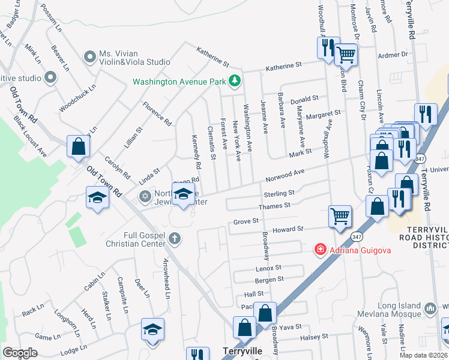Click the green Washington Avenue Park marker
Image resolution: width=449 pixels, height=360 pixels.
pos(236,81)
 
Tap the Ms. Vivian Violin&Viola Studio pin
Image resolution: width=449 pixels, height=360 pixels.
pos(91,57)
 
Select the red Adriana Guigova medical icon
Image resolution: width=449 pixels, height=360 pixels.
pos(320,249)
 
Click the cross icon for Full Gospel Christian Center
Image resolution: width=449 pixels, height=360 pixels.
pos(175,239)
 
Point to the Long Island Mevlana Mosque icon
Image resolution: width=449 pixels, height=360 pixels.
pos(430,309)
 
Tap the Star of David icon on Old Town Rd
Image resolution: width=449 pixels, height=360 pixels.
pos(145,197)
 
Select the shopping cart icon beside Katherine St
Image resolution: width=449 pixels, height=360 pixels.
pos(346,54)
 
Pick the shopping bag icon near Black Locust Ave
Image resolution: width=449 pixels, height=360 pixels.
pos(78,146)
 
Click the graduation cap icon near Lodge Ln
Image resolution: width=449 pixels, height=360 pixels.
pos(152,329)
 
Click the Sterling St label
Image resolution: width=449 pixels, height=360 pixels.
pos(279,194)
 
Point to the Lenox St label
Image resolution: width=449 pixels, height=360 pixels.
pos(268,267)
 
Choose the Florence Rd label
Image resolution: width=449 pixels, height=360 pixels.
pos(157,113)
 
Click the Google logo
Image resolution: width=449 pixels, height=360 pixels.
pos(20,353)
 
